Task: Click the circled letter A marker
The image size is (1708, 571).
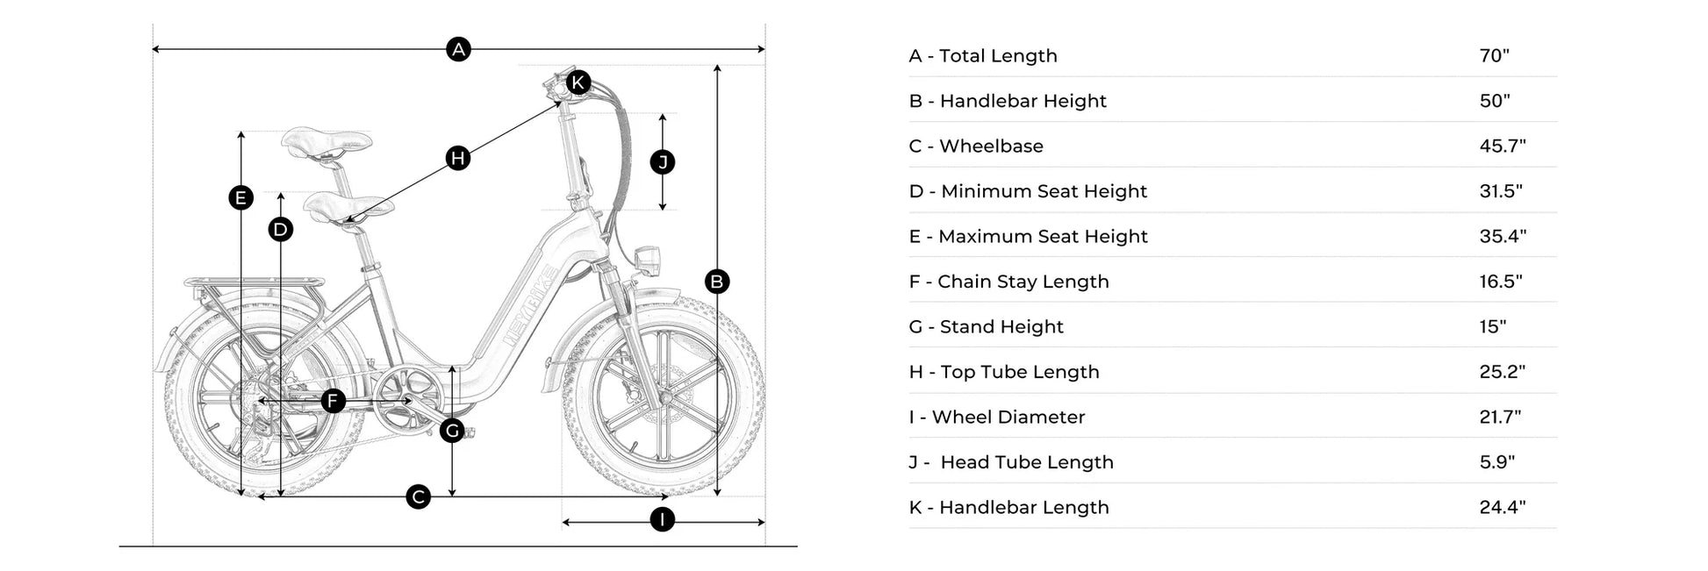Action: point(458,49)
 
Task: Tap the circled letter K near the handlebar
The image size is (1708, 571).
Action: point(578,82)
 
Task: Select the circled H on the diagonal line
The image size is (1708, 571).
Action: point(457,158)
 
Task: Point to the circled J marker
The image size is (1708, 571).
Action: point(663,162)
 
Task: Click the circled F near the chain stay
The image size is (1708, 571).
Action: point(333,402)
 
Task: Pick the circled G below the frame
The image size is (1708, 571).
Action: point(452,431)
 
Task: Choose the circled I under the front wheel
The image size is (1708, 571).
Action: point(663,519)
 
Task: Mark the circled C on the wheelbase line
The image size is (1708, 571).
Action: point(419,497)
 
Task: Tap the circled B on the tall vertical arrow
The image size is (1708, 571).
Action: point(717,282)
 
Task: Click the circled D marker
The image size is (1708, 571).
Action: point(280,230)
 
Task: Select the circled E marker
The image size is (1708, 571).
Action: point(240,198)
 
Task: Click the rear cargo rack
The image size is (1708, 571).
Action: point(253,284)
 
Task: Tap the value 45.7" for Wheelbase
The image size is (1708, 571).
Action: point(1503,146)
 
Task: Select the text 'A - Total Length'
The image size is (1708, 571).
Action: point(983,56)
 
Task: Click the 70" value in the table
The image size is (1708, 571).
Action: point(1494,55)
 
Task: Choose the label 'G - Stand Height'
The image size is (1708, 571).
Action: point(987,327)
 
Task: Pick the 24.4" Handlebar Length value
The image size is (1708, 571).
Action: point(1503,507)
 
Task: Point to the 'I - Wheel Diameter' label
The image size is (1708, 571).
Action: point(997,418)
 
